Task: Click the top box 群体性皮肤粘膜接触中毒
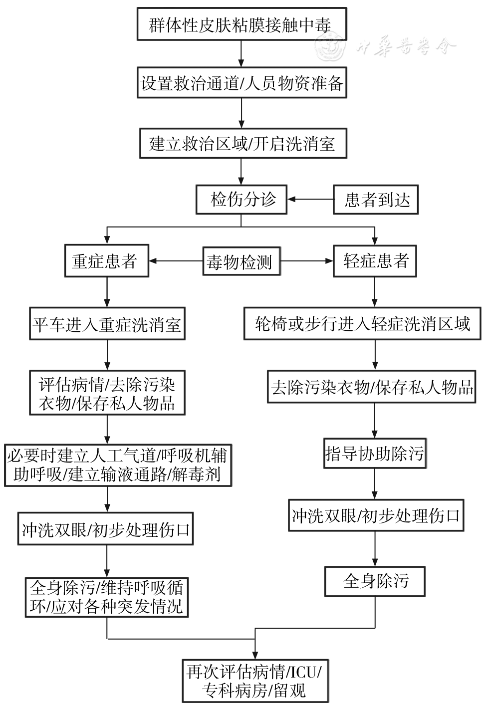[242, 24]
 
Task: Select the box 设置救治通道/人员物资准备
[242, 83]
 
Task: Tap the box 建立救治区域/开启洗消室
[242, 144]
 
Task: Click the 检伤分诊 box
[242, 200]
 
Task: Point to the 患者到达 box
[376, 200]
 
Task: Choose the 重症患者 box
[106, 261]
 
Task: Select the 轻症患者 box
[375, 261]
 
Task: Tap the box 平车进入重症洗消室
[107, 325]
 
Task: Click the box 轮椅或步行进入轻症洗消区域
[362, 324]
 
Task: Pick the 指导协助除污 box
[375, 454]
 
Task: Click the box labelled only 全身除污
[375, 581]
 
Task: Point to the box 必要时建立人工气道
[119, 465]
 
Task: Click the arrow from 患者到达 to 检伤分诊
[310, 200]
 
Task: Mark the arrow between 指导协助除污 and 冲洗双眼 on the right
[375, 484]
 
